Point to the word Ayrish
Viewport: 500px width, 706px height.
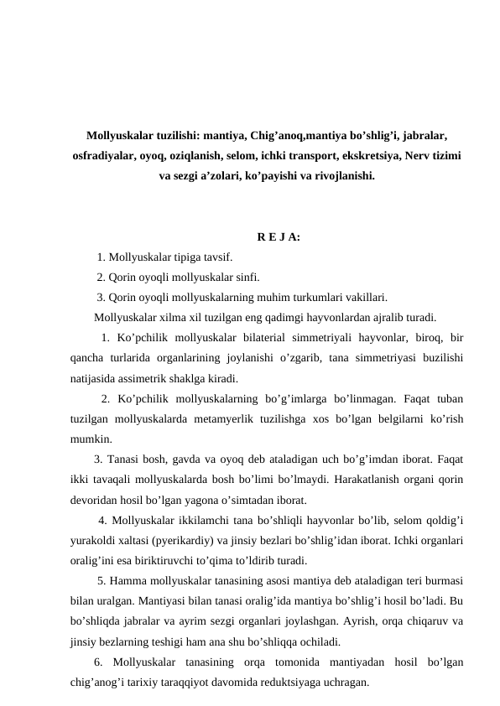tap(370, 622)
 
